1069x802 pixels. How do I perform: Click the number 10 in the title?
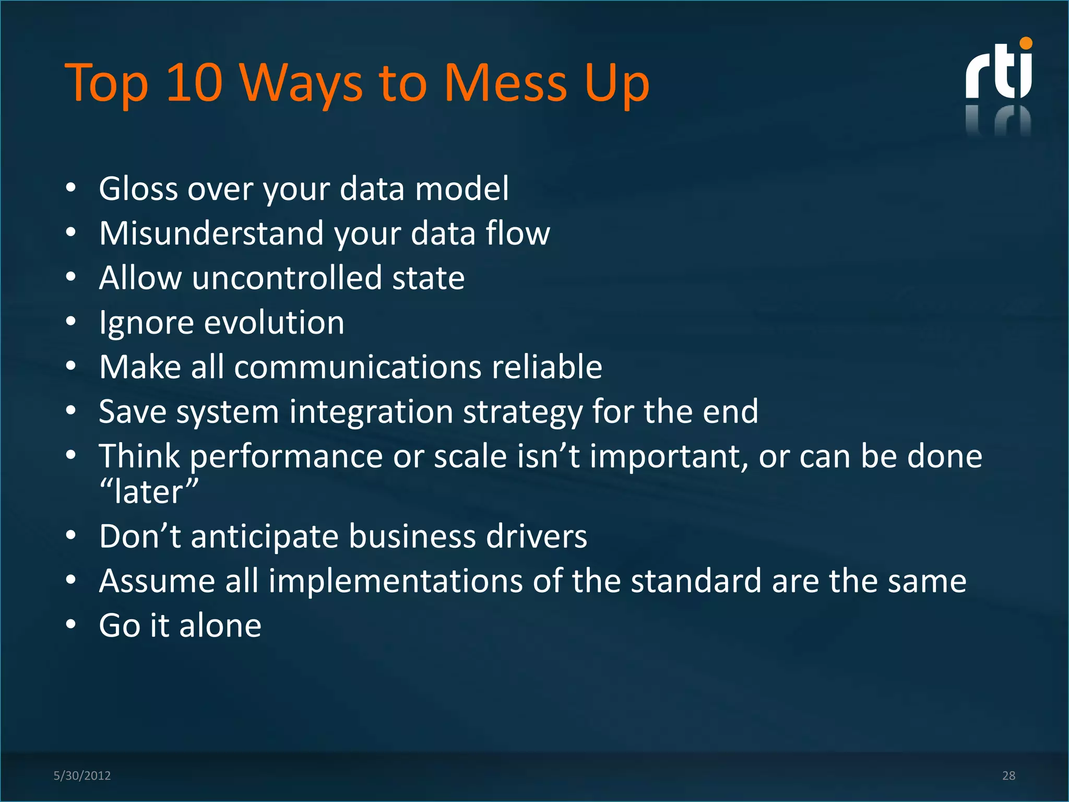(x=194, y=82)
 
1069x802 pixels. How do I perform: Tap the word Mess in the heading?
(x=505, y=82)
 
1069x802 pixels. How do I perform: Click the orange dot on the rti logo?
(x=1026, y=43)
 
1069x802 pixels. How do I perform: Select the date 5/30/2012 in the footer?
(x=82, y=775)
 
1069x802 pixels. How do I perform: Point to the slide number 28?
(x=1008, y=775)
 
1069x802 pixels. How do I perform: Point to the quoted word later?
(x=149, y=492)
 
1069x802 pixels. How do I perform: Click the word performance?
(x=286, y=457)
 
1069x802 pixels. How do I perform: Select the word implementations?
(x=395, y=581)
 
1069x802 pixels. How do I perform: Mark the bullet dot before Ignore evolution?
(x=71, y=321)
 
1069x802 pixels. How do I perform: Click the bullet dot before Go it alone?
(x=71, y=624)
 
